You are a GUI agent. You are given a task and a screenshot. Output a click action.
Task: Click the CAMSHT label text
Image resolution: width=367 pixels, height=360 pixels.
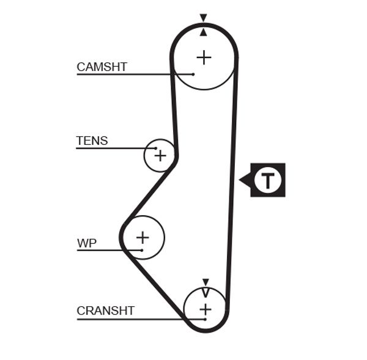coord(102,67)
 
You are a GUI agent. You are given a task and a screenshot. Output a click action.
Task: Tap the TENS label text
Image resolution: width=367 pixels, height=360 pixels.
coord(92,141)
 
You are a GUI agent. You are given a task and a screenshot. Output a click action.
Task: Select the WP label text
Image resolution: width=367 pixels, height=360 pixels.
coord(87,243)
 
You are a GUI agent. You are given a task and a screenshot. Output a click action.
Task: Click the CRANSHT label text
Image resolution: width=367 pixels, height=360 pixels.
coord(105,310)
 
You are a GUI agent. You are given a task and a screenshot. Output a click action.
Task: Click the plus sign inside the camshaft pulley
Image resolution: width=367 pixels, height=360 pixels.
coord(204,57)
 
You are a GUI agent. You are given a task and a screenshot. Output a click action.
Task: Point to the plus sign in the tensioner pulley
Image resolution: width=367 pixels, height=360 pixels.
coord(160,156)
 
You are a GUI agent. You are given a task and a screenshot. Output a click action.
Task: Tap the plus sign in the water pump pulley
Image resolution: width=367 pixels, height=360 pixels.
coord(143,237)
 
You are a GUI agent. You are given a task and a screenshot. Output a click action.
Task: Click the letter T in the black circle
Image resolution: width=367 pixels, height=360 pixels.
coord(268,180)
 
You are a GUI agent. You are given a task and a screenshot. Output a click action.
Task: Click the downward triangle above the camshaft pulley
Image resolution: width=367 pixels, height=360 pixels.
coord(204,18)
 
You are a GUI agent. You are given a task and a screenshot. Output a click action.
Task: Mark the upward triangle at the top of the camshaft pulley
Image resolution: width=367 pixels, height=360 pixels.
coord(204,31)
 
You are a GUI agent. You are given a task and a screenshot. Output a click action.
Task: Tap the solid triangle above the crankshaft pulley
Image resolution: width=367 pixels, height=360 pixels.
coord(206,281)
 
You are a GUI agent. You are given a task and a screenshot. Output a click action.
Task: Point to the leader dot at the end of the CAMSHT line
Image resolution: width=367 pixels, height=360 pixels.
coord(193,74)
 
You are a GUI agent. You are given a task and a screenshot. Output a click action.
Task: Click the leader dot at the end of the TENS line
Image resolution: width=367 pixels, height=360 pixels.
coord(157,148)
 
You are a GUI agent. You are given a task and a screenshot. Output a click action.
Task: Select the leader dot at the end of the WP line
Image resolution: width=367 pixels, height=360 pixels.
coord(141,249)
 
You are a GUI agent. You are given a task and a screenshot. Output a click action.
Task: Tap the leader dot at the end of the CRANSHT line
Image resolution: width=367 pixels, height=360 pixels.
coord(206,319)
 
